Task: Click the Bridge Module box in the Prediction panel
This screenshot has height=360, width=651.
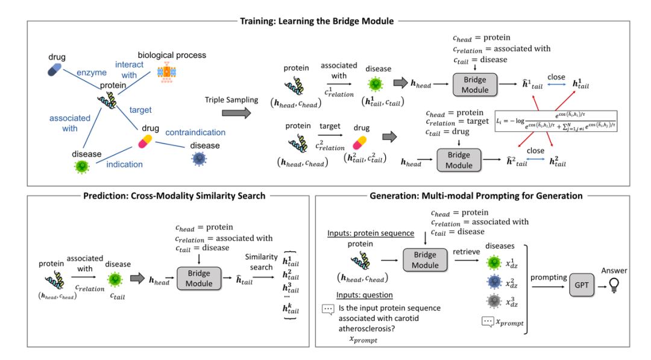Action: pyautogui.click(x=198, y=279)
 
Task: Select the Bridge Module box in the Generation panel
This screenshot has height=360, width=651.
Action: pyautogui.click(x=424, y=259)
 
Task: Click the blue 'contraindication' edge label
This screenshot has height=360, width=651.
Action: pyautogui.click(x=197, y=132)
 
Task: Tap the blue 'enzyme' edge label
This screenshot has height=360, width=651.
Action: pyautogui.click(x=91, y=73)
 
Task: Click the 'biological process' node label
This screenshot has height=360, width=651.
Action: pyautogui.click(x=172, y=55)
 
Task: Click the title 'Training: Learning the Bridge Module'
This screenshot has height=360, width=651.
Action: pyautogui.click(x=317, y=21)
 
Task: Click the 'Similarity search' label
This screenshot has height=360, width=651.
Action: pyautogui.click(x=262, y=262)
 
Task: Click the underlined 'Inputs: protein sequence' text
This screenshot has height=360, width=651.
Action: pyautogui.click(x=371, y=233)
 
